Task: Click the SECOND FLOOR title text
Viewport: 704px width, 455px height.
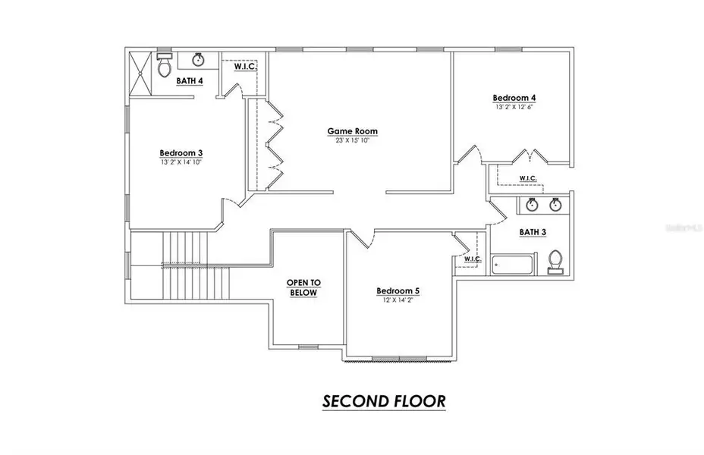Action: (x=383, y=400)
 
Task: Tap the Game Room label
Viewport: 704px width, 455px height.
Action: (x=352, y=131)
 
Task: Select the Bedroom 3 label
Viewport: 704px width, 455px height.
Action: (x=181, y=152)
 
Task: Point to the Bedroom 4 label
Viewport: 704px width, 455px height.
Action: (x=514, y=98)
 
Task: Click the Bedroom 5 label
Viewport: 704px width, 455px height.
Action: (x=398, y=290)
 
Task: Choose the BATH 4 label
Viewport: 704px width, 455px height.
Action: (x=189, y=80)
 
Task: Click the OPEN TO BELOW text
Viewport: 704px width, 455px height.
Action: (x=303, y=287)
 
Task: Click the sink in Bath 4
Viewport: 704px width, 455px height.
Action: (x=199, y=59)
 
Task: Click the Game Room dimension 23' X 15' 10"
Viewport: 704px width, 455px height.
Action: (x=352, y=141)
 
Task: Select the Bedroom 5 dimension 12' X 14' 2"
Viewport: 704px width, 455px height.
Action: (x=398, y=300)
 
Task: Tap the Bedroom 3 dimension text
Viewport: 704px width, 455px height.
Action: (x=181, y=162)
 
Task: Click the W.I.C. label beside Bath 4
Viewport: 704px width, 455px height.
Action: (x=245, y=67)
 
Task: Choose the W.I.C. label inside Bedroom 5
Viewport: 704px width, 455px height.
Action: (x=472, y=259)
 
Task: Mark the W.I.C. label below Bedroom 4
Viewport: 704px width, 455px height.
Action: (x=528, y=178)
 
